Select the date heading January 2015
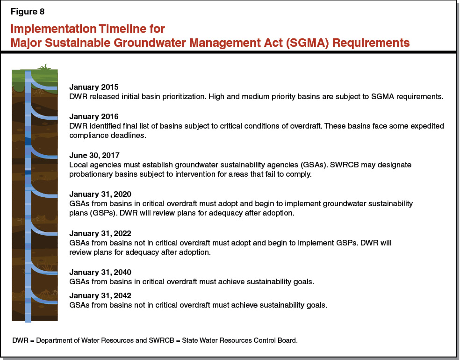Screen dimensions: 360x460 [93, 87]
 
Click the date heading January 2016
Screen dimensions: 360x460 [93, 116]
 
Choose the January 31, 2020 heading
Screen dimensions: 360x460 [100, 194]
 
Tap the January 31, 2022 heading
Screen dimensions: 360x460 [100, 233]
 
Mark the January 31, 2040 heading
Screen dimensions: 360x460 [100, 272]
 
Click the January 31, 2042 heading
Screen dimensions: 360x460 [100, 295]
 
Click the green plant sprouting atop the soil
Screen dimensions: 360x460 [44, 68]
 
